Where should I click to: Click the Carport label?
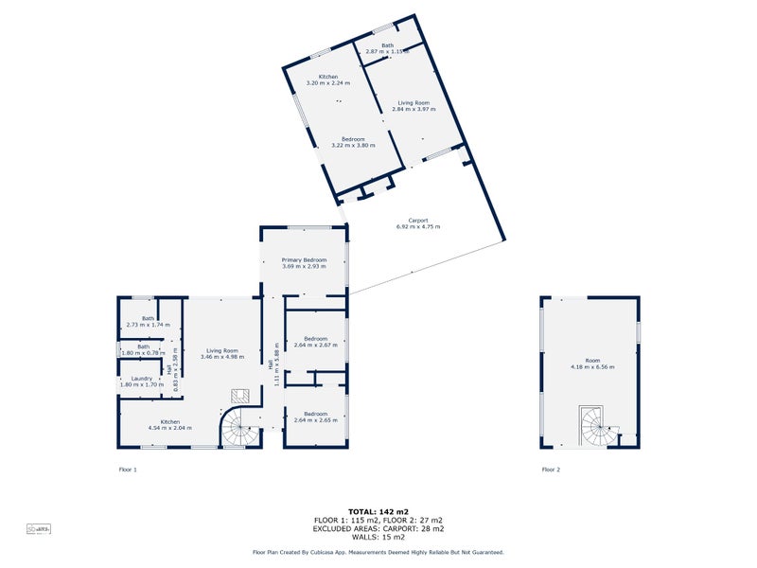417,221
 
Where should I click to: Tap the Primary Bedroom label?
304,259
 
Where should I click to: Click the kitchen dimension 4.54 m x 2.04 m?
170,428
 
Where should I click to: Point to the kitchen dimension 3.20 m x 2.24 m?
328,83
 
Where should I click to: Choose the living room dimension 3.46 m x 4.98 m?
222,357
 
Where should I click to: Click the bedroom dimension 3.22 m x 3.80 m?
353,146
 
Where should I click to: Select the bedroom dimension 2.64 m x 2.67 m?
316,346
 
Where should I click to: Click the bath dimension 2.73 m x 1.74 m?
148,325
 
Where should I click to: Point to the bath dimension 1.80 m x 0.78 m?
143,353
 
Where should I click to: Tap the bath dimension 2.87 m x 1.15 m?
387,51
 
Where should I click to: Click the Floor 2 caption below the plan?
551,470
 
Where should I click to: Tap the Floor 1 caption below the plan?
128,470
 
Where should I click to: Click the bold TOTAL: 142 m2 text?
378,511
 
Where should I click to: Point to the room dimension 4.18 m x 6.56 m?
592,366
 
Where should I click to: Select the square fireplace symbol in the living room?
240,395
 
